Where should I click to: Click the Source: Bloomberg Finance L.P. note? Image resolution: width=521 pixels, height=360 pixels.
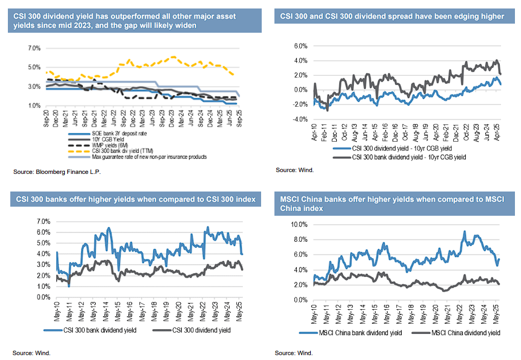(57, 172)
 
